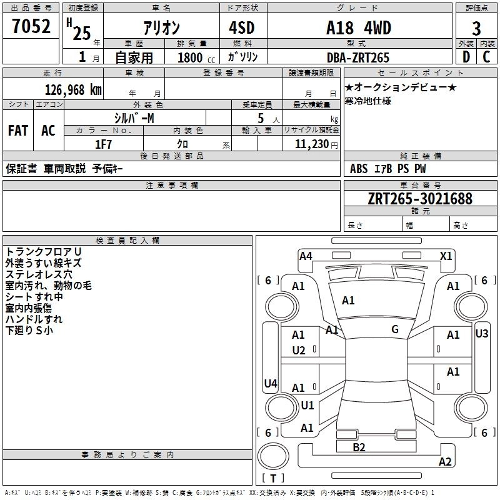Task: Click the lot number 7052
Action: point(31,26)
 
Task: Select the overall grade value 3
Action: point(476,28)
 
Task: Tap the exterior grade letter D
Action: point(466,57)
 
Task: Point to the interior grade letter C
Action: point(486,57)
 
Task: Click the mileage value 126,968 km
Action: point(73,90)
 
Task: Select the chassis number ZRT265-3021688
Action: point(420,199)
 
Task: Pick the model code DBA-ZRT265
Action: point(358,57)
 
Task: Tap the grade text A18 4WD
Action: point(359,28)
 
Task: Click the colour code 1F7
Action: point(103,144)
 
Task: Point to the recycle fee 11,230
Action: point(312,144)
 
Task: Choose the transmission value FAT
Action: point(18,131)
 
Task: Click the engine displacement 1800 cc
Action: point(196,58)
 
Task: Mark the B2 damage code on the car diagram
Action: point(359,447)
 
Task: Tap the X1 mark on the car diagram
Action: point(446,256)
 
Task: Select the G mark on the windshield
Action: point(395,329)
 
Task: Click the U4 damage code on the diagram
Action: point(271,383)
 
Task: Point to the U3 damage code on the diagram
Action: point(481,334)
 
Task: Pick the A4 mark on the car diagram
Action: point(306,256)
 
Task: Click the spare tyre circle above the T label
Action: point(273,456)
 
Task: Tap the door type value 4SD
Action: point(242,28)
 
